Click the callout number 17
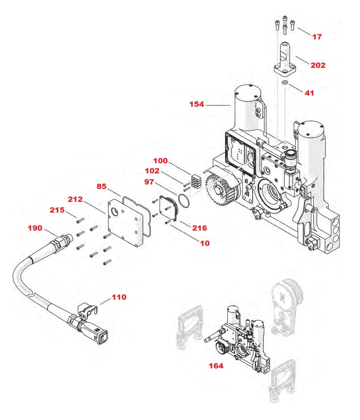pos(317,36)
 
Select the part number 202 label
pos(318,65)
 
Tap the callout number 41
pos(309,93)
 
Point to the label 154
pos(196,104)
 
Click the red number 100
pos(160,161)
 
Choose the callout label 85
pos(101,186)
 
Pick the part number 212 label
pos(75,199)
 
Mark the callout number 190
pos(35,228)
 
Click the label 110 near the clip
pos(119,297)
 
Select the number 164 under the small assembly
pos(216,366)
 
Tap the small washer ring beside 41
pos(285,82)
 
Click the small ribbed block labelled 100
pos(196,181)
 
